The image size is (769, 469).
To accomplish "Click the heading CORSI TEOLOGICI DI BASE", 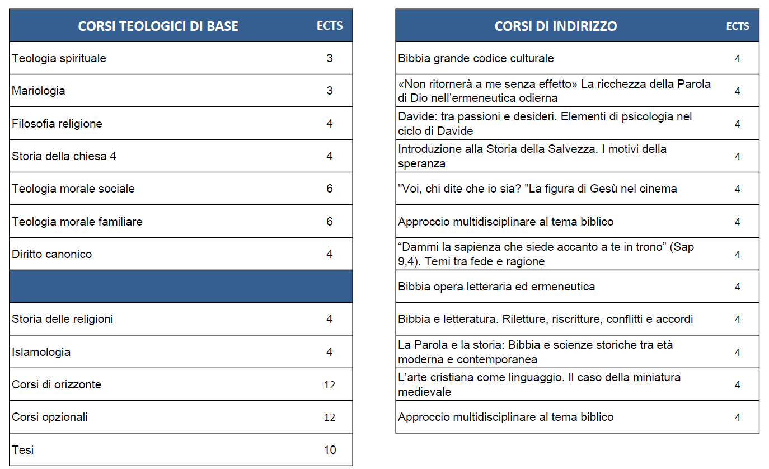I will coord(158,26).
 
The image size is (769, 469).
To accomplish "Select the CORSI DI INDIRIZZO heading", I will coord(555,26).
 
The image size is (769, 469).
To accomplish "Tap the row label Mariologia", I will coord(39,91).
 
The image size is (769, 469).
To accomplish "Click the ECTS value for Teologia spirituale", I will coord(330,58).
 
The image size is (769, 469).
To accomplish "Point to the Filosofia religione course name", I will coord(57,124).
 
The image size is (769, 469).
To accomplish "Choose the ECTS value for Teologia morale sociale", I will coord(330,189).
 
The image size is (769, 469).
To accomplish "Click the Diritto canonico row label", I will coord(52,254).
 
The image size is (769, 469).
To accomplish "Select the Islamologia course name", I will coord(41,352).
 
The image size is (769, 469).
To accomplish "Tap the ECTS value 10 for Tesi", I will coord(330,450).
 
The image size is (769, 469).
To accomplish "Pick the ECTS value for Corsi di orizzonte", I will coord(330,385).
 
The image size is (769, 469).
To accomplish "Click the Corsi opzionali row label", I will coord(50,417).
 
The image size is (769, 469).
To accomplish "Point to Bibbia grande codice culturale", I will coord(476,58).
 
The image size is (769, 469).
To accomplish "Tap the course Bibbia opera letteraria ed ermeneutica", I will coord(496,287).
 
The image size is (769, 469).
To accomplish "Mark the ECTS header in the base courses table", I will coord(330,26).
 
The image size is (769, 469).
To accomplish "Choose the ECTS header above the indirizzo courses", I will coord(737,26).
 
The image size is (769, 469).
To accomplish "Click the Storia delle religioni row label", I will coord(63,319).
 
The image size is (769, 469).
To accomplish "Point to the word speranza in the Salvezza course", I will coord(421,163).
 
